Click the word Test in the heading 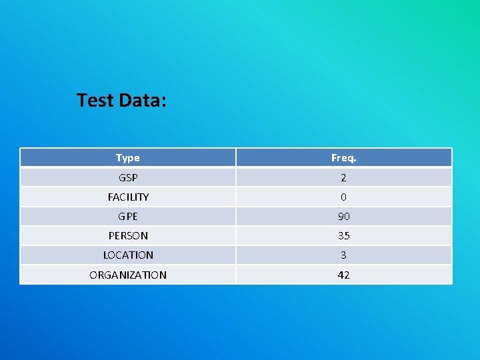[x=95, y=101]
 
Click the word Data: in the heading [x=142, y=101]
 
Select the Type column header [x=127, y=158]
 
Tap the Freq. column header [x=343, y=158]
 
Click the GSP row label [x=127, y=178]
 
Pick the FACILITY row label [x=128, y=197]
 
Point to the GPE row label [x=127, y=217]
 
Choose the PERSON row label [x=128, y=236]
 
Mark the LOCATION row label [x=128, y=255]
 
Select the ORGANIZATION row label [x=128, y=275]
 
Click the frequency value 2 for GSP [x=343, y=178]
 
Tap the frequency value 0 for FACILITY [x=343, y=197]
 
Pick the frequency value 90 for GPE [x=343, y=217]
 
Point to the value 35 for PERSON [x=343, y=236]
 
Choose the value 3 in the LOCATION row [x=343, y=255]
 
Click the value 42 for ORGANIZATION [x=343, y=275]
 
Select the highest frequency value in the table [x=343, y=217]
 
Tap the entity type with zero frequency [x=128, y=197]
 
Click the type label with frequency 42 [x=128, y=275]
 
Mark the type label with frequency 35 [x=128, y=236]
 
